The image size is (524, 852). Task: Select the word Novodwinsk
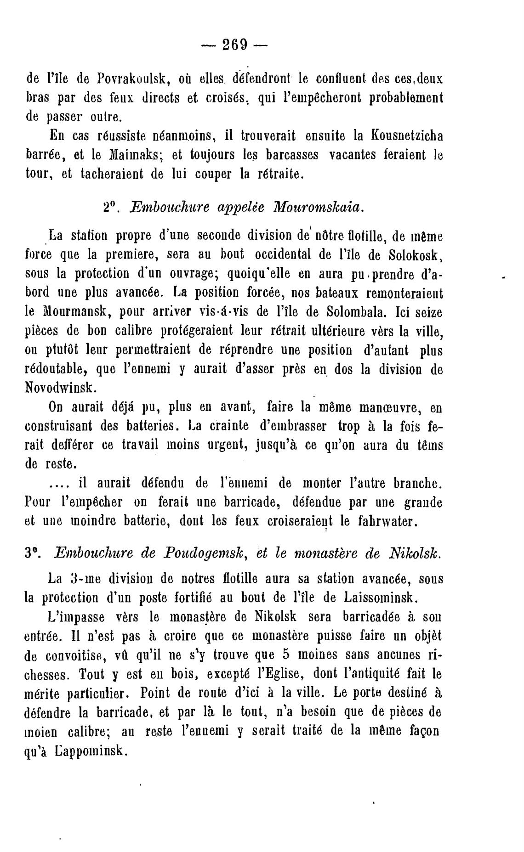pos(60,387)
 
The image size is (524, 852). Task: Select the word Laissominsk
pos(380,598)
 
